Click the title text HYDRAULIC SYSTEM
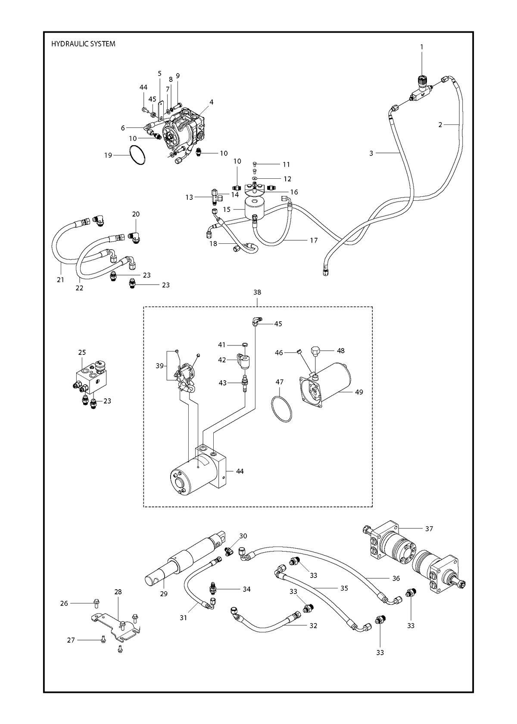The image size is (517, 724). [83, 44]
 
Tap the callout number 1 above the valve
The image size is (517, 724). [422, 47]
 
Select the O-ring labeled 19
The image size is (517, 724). [137, 155]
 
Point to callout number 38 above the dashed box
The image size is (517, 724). [257, 292]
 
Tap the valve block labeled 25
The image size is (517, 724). [91, 376]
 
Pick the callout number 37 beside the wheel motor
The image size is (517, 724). [429, 529]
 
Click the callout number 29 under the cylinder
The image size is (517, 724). [164, 593]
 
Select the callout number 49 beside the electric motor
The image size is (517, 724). [359, 392]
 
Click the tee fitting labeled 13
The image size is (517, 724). [217, 197]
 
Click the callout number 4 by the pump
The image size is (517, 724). [212, 102]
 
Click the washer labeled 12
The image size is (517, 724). [255, 178]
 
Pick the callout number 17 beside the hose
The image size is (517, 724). [314, 240]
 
